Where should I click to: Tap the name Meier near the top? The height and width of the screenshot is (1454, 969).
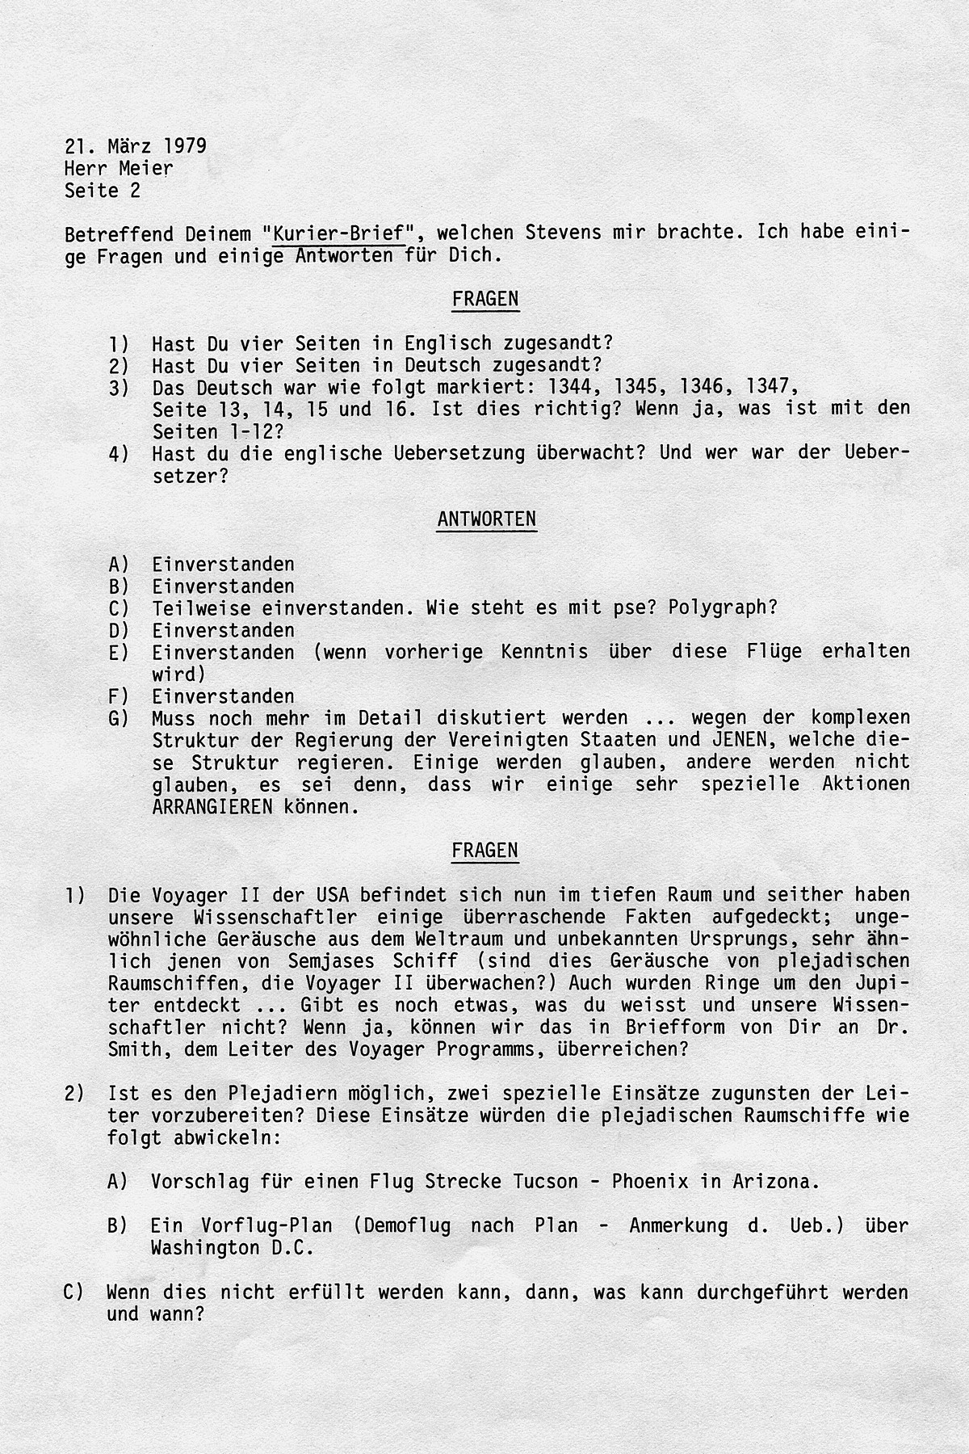[x=145, y=168]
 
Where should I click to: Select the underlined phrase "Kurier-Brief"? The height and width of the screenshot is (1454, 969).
[x=338, y=233]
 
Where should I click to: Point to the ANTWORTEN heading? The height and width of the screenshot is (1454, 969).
[x=486, y=519]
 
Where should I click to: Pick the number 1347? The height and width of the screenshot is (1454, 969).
[x=773, y=387]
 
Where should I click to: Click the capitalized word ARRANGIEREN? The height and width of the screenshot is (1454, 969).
[x=212, y=807]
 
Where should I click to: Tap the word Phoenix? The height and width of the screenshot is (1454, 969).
[x=649, y=1181]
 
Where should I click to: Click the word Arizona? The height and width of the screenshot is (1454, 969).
[x=771, y=1181]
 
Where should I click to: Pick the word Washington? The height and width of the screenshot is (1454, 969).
[x=200, y=1247]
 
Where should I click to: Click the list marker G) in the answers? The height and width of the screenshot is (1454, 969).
[x=118, y=718]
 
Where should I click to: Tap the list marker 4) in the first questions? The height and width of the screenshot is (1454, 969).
[x=118, y=454]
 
